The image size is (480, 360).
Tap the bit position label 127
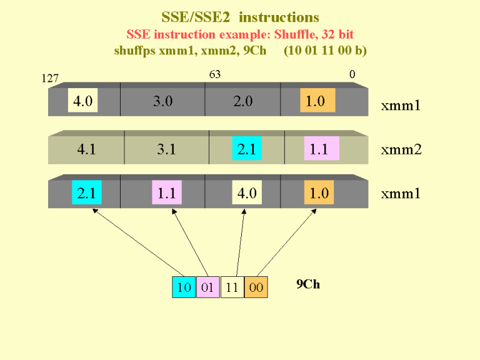coord(50,78)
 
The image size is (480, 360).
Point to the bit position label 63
coord(215,74)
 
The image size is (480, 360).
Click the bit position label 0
coord(352,74)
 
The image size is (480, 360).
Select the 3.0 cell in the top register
coord(163,101)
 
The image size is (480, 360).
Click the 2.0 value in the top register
coord(243,101)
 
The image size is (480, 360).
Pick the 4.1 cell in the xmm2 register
coord(86,149)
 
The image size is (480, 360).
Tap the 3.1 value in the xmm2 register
coord(166,149)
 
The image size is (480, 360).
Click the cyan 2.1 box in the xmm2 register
coord(247,148)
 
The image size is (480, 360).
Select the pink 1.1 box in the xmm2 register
coord(322,148)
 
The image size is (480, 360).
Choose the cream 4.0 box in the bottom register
coord(247,192)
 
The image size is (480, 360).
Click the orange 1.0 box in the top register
coord(317,100)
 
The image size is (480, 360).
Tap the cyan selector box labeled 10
coord(184,287)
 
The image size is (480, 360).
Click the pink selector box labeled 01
coord(208,287)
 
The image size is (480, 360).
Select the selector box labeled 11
coord(232,287)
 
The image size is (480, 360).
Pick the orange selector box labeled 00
coord(256,287)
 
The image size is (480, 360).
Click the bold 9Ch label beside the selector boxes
coord(308,284)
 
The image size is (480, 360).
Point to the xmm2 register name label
coord(401,150)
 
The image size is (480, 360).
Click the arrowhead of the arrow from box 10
coord(94,211)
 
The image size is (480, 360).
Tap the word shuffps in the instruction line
coord(135,51)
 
